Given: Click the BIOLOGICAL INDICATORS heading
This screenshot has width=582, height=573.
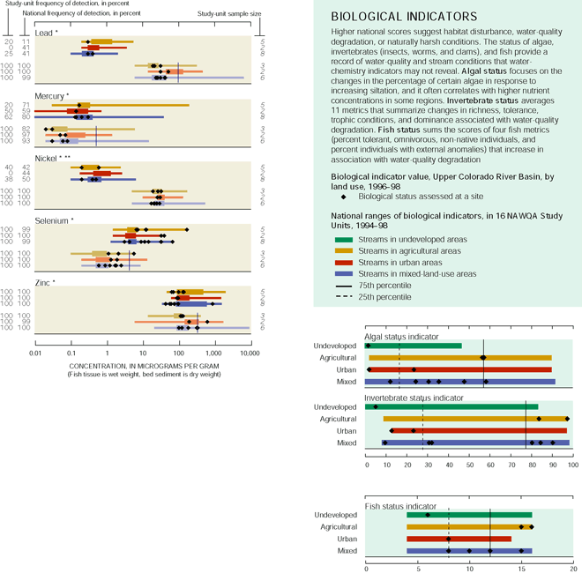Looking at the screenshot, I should tap(404, 17).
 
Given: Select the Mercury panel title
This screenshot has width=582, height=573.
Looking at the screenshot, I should tap(54, 95).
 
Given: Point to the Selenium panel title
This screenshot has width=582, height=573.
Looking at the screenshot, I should tap(53, 220).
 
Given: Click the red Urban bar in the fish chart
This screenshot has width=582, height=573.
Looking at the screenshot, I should tap(459, 538).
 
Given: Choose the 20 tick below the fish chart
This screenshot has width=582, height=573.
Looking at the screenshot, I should tap(573, 566).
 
